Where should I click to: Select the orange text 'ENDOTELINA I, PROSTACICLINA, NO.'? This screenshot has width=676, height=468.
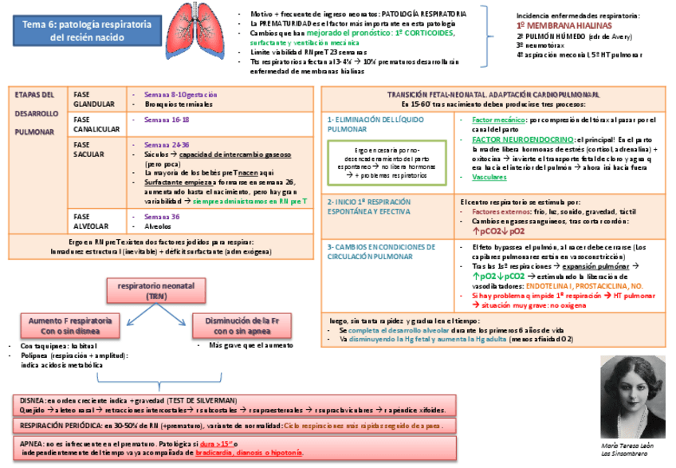pos(579,285)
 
